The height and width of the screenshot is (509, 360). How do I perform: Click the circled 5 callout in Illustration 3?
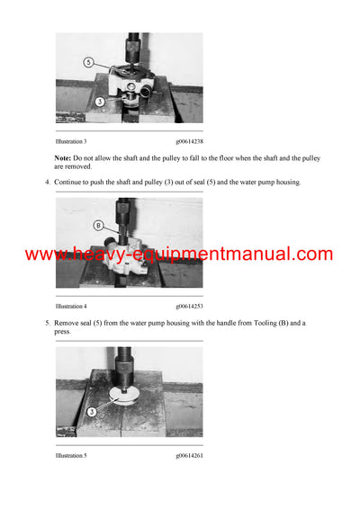pyautogui.click(x=89, y=62)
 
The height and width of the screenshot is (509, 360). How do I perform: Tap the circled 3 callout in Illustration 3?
pyautogui.click(x=100, y=102)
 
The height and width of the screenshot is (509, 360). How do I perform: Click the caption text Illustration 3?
pyautogui.click(x=71, y=142)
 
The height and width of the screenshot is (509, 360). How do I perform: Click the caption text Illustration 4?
pyautogui.click(x=71, y=307)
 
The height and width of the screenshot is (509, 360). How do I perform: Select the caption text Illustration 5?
pyautogui.click(x=71, y=456)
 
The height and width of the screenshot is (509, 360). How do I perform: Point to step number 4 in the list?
pyautogui.click(x=47, y=183)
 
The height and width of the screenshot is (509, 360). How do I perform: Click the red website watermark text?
pyautogui.click(x=179, y=254)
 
